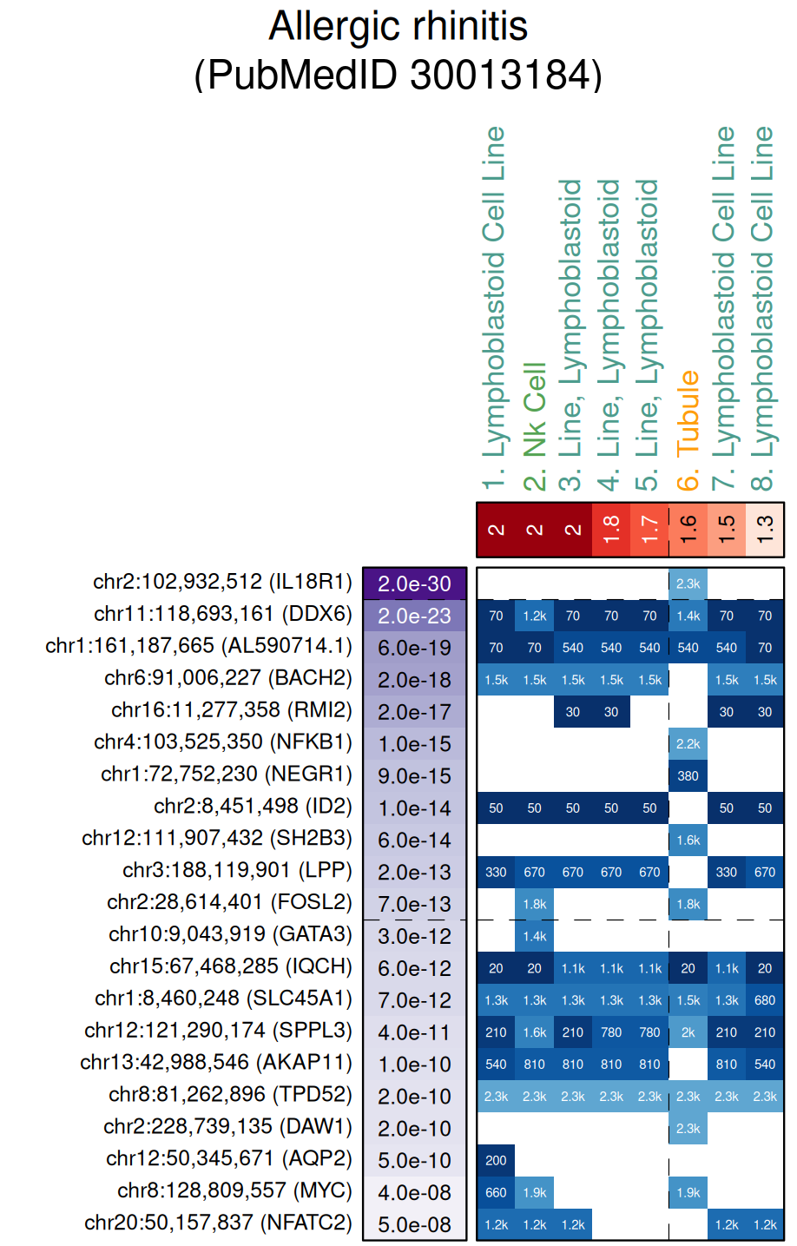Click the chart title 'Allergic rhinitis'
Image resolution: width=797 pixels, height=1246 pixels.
(x=398, y=26)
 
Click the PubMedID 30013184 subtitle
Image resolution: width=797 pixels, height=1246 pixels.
(x=398, y=75)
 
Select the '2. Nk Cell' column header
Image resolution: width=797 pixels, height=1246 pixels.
(x=535, y=425)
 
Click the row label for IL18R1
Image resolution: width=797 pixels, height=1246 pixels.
(x=222, y=582)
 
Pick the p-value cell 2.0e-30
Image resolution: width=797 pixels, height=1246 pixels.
(x=414, y=583)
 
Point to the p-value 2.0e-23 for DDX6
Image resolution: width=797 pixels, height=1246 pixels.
(x=414, y=616)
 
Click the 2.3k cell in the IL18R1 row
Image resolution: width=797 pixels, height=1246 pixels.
(x=688, y=583)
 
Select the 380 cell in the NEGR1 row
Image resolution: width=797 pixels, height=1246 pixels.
(x=688, y=776)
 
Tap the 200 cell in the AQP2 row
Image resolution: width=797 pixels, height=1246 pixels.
(x=496, y=1160)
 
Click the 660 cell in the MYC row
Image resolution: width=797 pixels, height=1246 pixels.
(x=496, y=1192)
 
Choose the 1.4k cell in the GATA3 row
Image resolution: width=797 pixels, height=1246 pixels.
(x=535, y=936)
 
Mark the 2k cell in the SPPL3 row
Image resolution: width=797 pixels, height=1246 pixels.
(x=688, y=1032)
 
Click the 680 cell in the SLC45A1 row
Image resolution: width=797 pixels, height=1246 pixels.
(x=765, y=1000)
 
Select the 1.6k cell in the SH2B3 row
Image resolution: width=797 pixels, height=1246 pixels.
(x=688, y=840)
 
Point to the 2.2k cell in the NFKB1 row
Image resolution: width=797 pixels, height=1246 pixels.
(x=688, y=744)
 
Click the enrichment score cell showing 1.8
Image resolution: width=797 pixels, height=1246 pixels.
(x=611, y=529)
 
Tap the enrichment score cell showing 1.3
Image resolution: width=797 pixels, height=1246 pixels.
(x=765, y=529)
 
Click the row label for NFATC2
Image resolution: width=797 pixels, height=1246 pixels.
(x=218, y=1223)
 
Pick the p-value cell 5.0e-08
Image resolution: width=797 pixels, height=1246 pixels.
(x=414, y=1224)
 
